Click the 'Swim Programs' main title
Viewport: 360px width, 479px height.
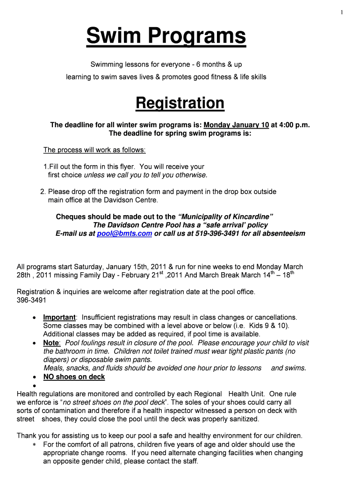(166, 36)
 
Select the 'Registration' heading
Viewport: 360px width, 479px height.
(180, 103)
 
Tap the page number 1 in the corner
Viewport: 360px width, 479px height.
(342, 13)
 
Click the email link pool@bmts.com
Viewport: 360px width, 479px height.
(124, 233)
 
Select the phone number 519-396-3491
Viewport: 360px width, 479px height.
(217, 233)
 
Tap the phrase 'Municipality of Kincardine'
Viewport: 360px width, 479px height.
(226, 217)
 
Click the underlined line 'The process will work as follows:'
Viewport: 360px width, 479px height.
(94, 150)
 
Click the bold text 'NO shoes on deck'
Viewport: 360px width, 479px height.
(74, 377)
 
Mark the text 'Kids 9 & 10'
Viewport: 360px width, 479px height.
(267, 326)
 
